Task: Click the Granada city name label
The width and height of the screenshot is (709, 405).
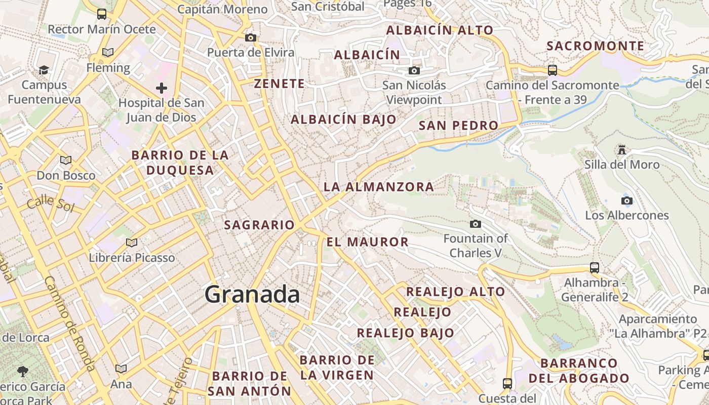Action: pyautogui.click(x=252, y=295)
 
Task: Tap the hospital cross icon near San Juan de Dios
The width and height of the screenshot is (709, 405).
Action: pyautogui.click(x=162, y=89)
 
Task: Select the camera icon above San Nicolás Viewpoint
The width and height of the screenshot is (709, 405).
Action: pyautogui.click(x=414, y=70)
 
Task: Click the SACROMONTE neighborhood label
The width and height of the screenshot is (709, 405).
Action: pyautogui.click(x=596, y=46)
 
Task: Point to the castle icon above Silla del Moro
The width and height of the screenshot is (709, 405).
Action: pyautogui.click(x=622, y=149)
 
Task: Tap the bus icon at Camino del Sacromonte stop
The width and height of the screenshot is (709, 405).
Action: pyautogui.click(x=553, y=70)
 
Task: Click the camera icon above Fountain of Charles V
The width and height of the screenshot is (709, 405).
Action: pyautogui.click(x=475, y=224)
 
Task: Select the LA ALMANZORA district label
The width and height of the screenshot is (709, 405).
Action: pyautogui.click(x=379, y=187)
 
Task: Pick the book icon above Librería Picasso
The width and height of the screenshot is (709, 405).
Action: pyautogui.click(x=132, y=243)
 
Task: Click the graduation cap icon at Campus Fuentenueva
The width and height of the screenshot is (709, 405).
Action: pyautogui.click(x=44, y=70)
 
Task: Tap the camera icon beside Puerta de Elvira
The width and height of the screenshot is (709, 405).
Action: pyautogui.click(x=250, y=37)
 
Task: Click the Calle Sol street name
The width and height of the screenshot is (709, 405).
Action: pyautogui.click(x=51, y=204)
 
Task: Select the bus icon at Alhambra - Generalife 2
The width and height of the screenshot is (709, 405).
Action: pyautogui.click(x=595, y=267)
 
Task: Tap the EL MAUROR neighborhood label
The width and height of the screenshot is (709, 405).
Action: pyautogui.click(x=368, y=242)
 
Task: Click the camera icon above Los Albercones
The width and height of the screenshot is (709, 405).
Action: pyautogui.click(x=627, y=200)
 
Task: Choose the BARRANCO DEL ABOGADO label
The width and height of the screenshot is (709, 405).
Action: pyautogui.click(x=579, y=371)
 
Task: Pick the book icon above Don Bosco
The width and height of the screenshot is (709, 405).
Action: pyautogui.click(x=66, y=160)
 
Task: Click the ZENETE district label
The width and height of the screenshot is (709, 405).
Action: pyautogui.click(x=280, y=84)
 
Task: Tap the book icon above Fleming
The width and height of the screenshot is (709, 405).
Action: pyautogui.click(x=107, y=52)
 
